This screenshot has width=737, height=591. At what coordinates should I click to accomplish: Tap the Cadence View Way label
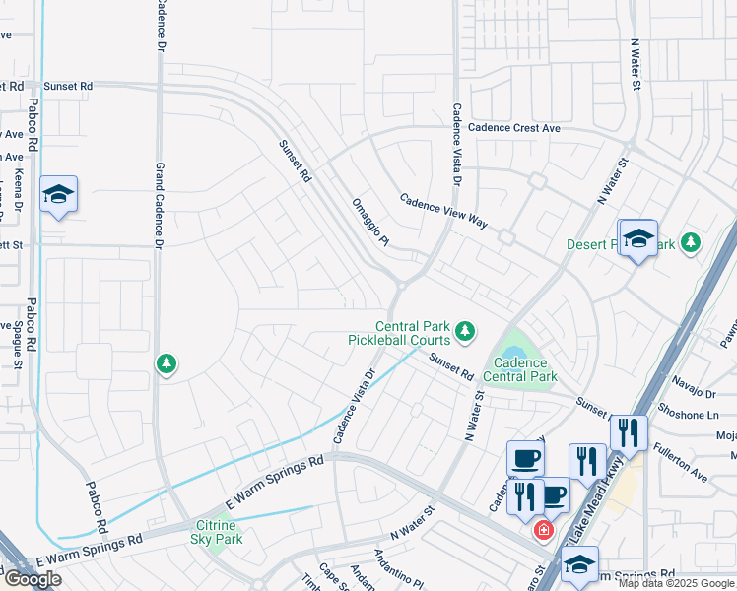point(443,211)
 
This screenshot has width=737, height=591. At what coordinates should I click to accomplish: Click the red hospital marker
point(542,531)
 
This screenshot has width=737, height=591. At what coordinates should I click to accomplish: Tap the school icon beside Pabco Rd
point(58,195)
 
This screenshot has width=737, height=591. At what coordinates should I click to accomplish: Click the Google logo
point(33,579)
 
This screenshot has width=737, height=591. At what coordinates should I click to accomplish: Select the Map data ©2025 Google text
point(676,583)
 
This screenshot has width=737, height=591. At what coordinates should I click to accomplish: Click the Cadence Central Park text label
point(520,369)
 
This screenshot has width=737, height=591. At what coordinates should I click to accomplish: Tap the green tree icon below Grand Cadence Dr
point(167,364)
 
